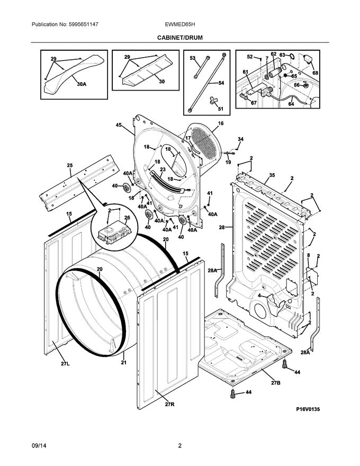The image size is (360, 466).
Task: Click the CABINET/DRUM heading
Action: tap(179, 38)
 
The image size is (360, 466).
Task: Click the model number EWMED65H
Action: tap(180, 25)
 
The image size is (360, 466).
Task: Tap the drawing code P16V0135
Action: tap(308, 409)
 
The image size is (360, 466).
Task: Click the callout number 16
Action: tap(220, 123)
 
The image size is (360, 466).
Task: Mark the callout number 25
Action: tap(69, 166)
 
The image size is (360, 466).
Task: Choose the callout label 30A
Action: tap(81, 84)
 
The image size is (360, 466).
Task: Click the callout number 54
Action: tap(221, 83)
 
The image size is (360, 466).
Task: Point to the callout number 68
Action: tap(316, 73)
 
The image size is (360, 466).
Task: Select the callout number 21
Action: tap(124, 363)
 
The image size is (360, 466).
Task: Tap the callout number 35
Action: tap(272, 175)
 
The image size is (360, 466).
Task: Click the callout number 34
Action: tap(240, 139)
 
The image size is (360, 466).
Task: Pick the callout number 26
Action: tap(127, 218)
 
